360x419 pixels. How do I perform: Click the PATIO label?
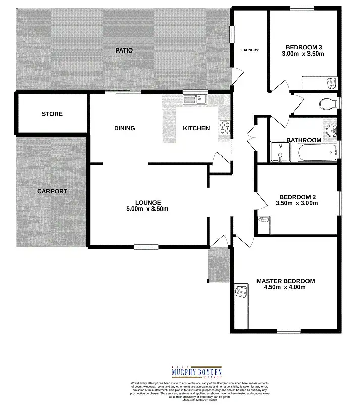[x=124, y=50]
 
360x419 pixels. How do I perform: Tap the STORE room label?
[x=52, y=114]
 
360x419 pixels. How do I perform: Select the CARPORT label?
[x=52, y=191]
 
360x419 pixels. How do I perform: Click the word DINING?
[x=124, y=128]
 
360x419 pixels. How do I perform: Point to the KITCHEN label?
[x=196, y=128]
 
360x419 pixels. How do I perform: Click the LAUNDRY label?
[x=250, y=50]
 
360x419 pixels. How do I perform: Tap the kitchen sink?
[x=196, y=99]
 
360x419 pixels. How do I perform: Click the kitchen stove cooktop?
[x=225, y=128]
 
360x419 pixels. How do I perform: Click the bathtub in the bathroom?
[x=317, y=153]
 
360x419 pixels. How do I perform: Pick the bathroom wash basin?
[x=331, y=131]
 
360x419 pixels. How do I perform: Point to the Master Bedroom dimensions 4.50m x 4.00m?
[x=285, y=287]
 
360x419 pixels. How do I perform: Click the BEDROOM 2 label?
[x=298, y=197]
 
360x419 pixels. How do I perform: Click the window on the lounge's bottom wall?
[x=146, y=246]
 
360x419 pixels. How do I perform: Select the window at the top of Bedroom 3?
[x=302, y=8]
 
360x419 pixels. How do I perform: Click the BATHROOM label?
[x=304, y=140]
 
